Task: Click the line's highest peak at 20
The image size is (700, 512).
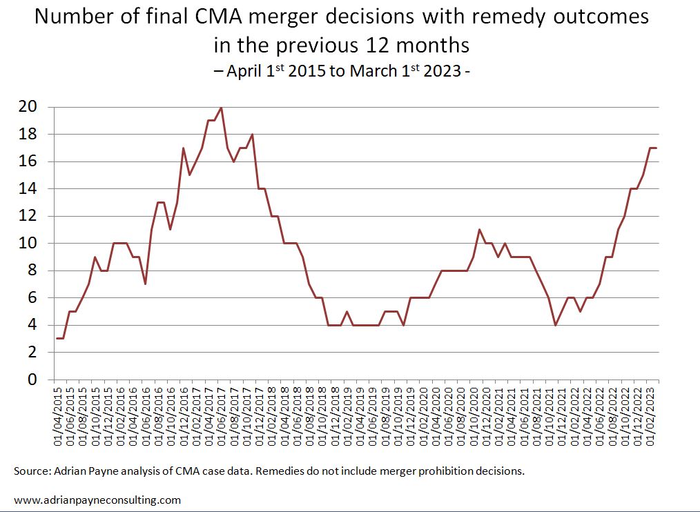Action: (221, 108)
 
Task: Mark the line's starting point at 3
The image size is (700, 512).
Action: (57, 339)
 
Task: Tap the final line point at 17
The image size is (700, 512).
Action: (657, 148)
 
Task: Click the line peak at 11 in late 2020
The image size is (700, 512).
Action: (480, 230)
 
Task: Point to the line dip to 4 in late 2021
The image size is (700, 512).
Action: (556, 325)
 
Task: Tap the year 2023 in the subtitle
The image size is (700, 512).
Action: (439, 70)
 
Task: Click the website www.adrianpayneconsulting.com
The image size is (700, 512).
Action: (97, 500)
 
